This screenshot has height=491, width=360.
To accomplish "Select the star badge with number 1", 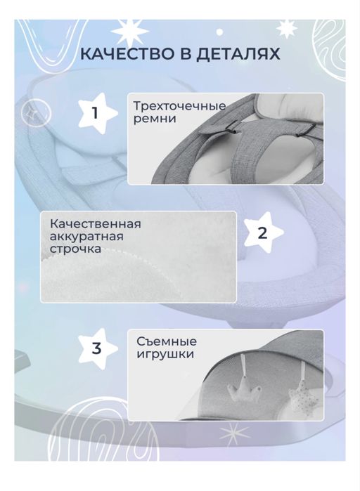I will pyautogui.click(x=96, y=112).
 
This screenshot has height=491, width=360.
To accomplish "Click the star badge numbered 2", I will pyautogui.click(x=262, y=233).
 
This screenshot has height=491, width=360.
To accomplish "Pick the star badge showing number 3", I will pyautogui.click(x=96, y=348).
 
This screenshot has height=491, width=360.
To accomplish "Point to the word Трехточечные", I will pyautogui.click(x=179, y=106).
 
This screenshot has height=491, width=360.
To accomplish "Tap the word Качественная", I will pyautogui.click(x=96, y=223).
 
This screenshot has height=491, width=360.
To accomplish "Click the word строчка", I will pyautogui.click(x=75, y=249).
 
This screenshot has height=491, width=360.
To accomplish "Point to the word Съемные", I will pyautogui.click(x=167, y=341).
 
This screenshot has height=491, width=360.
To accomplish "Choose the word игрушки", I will pyautogui.click(x=166, y=355).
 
